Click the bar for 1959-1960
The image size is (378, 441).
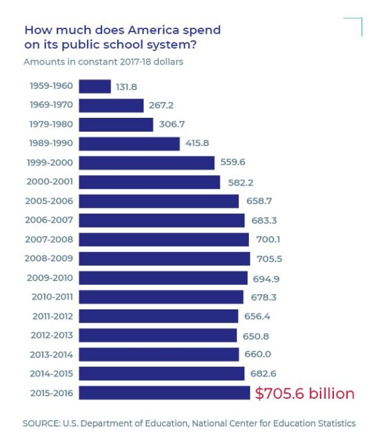95,86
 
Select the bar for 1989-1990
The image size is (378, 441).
129,143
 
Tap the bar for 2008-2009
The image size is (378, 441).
164,259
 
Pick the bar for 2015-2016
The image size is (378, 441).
165,393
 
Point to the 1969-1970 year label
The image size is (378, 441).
51,105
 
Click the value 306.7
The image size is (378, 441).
171,124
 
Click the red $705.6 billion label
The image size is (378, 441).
304,394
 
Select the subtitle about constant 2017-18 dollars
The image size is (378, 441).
103,63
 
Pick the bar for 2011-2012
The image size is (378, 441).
158,317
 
